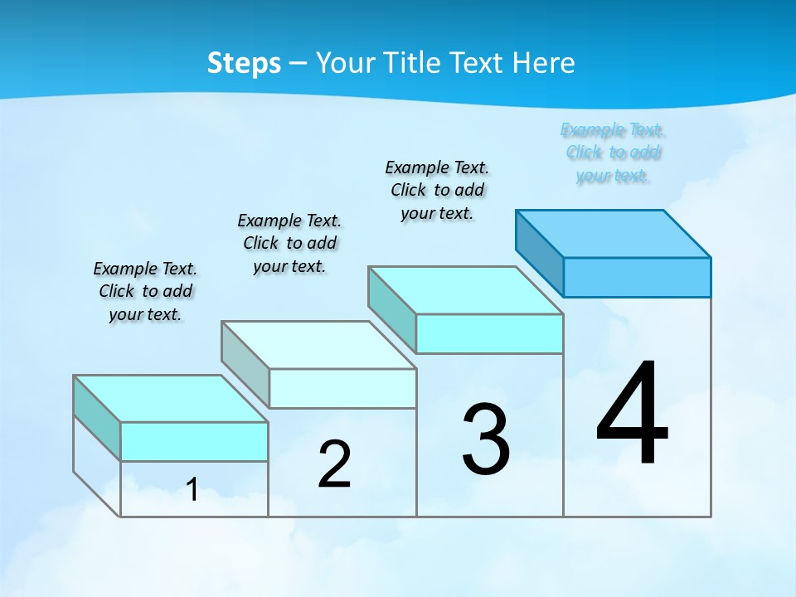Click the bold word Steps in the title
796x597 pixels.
[244, 63]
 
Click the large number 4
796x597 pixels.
[632, 414]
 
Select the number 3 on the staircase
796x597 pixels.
[486, 439]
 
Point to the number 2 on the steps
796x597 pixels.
[334, 464]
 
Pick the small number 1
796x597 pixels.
[192, 490]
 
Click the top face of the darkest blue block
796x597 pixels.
[614, 234]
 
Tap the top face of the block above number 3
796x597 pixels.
[466, 290]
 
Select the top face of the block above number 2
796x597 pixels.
[318, 345]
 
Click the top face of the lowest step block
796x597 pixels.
[171, 399]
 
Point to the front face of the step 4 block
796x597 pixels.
[637, 277]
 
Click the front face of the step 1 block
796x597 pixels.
[194, 441]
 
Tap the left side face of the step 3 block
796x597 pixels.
[392, 309]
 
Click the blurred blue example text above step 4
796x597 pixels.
[613, 153]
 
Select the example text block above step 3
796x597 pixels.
[437, 190]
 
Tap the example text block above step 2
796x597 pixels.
[289, 243]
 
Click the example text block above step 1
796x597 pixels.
[145, 291]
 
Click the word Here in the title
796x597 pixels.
[544, 63]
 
